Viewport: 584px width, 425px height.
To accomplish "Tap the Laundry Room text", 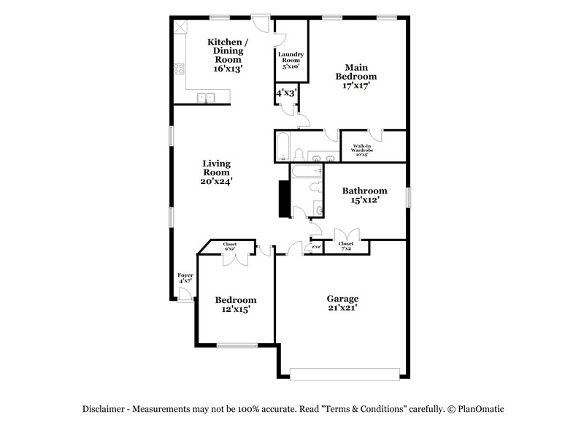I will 291,60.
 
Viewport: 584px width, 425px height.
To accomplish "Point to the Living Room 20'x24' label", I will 217,172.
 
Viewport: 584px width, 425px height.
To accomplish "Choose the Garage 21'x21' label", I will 342,303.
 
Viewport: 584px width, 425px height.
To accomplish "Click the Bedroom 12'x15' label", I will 236,305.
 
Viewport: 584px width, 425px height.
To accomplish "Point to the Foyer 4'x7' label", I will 185,278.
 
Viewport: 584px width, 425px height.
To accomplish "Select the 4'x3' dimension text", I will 285,93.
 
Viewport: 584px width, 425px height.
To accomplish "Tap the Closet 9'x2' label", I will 229,247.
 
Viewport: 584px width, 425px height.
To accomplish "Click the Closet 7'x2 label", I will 345,247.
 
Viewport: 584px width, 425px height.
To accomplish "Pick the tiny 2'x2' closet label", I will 317,248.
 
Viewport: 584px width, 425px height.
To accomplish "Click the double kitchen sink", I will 205,97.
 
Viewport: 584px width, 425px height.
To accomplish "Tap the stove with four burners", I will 180,71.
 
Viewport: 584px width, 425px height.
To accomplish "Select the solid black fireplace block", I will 283,199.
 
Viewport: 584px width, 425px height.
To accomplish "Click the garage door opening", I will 345,373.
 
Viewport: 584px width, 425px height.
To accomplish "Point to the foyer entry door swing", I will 186,294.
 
